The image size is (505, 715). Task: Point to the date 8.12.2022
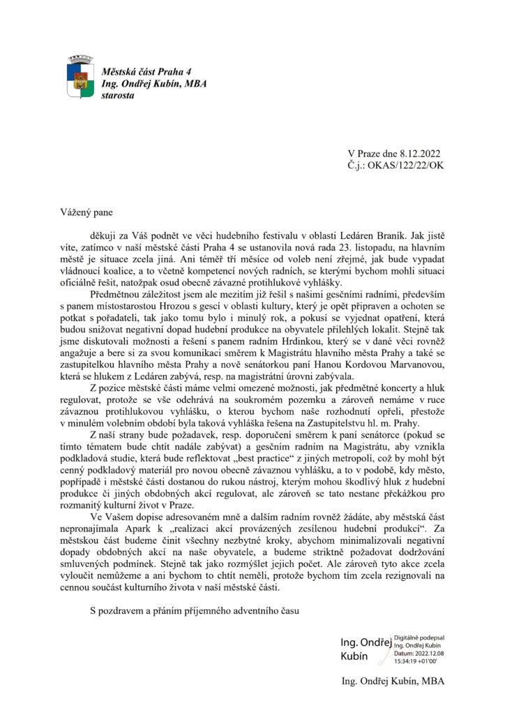[x=418, y=154]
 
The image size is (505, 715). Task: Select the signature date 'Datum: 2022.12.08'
[x=420, y=653]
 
